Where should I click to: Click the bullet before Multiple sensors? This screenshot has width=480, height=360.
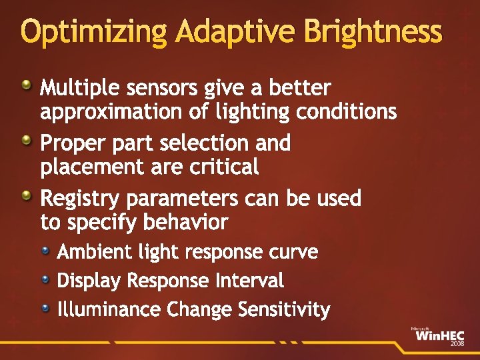coord(26,85)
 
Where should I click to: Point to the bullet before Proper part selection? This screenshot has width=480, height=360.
coord(26,141)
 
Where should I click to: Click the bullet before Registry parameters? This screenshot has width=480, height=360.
coord(26,196)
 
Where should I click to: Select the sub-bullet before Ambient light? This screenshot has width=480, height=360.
coord(45,251)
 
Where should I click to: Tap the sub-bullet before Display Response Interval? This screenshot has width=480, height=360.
coord(45,279)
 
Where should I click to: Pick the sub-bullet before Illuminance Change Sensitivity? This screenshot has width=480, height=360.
coord(45,307)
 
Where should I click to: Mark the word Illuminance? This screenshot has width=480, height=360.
coord(109,310)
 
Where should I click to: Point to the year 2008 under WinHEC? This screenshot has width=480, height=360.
coord(457,344)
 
